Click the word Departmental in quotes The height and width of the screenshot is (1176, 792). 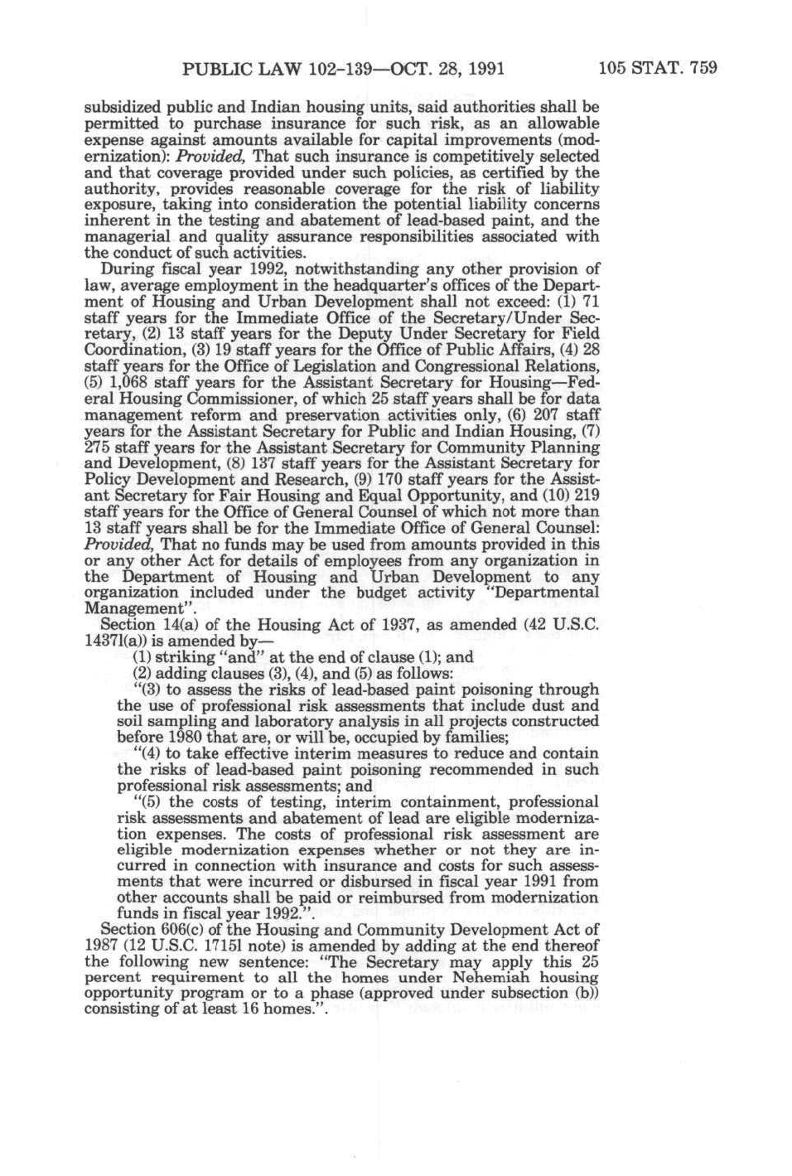pos(549,593)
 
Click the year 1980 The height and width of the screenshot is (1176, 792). pos(179,738)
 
